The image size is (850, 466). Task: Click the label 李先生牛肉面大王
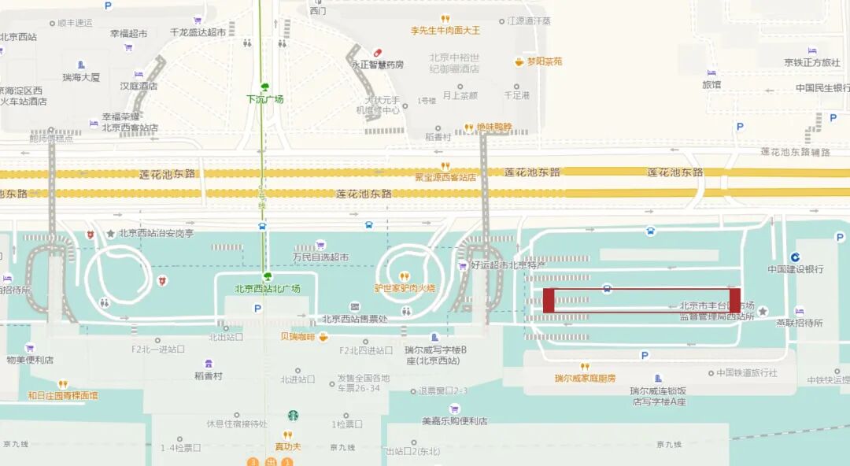point(445,31)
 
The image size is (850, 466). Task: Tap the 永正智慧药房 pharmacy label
point(378,65)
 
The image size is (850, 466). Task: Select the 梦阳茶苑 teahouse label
point(545,61)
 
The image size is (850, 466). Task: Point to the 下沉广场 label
point(264,99)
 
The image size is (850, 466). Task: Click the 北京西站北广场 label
point(268,289)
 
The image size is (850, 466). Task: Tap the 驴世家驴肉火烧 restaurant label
point(405,288)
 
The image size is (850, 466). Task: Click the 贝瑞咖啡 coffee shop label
point(297,337)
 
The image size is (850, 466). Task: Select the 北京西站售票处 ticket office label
point(355,319)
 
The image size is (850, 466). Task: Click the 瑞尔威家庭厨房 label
point(585,379)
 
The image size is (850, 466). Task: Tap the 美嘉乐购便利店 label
point(454,421)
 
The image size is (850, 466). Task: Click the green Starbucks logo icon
point(293,416)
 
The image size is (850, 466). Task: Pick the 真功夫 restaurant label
point(288,446)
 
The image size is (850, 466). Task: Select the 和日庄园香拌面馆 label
point(63,396)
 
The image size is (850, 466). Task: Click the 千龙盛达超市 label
point(198,33)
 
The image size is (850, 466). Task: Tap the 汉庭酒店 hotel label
point(139,86)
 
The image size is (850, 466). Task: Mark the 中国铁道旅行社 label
point(747,373)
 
